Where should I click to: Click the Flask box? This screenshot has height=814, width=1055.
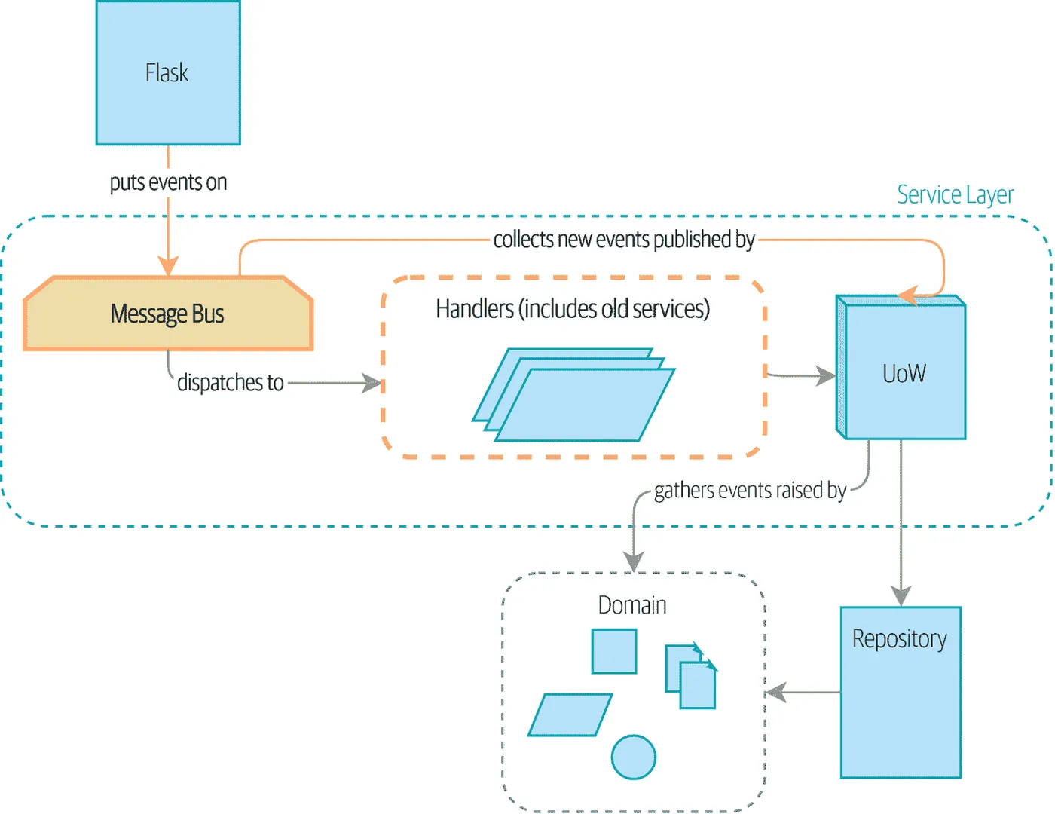click(x=167, y=73)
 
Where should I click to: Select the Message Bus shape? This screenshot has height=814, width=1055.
click(x=168, y=314)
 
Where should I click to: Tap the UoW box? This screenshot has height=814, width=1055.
click(x=904, y=373)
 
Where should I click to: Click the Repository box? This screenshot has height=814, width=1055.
click(x=901, y=692)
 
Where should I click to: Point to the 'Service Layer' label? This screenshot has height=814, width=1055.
click(x=955, y=194)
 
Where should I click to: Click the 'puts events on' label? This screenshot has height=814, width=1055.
click(x=168, y=182)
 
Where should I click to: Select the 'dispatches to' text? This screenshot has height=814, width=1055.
click(x=230, y=383)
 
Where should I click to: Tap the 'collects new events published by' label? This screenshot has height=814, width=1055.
click(x=624, y=240)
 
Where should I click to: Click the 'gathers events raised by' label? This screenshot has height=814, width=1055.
click(x=750, y=491)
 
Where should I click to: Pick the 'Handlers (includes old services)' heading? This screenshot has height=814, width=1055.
click(x=573, y=309)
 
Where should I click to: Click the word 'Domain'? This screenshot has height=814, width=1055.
click(x=632, y=605)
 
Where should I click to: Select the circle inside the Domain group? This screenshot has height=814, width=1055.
click(x=633, y=757)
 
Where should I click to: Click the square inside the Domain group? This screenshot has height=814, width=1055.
click(x=614, y=651)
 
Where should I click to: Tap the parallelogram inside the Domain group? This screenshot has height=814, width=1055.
click(x=570, y=715)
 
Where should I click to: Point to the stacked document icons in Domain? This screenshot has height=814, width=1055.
click(x=691, y=676)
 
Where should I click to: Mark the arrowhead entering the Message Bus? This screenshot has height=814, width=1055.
click(x=168, y=266)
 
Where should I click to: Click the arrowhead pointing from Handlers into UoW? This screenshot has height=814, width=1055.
click(x=826, y=375)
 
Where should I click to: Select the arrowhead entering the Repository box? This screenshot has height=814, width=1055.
click(x=901, y=596)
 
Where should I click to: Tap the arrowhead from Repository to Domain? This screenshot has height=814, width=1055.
click(x=775, y=692)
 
